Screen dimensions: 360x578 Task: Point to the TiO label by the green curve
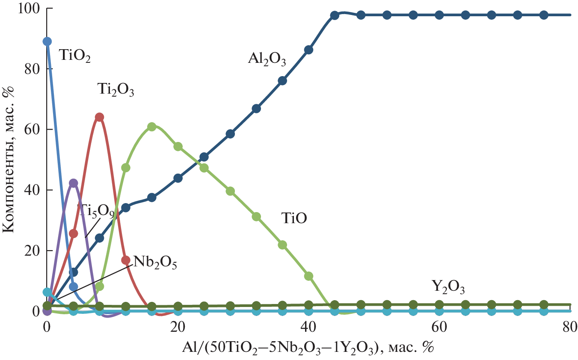point(295,218)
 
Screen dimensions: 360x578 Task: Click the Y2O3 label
point(448,287)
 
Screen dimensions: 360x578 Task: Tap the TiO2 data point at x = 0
point(47,41)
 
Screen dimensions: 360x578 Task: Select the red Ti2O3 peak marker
point(99,117)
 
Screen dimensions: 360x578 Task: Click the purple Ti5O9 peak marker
point(73,183)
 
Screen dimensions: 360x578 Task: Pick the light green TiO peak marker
point(152,127)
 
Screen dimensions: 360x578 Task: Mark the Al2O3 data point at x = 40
point(308,50)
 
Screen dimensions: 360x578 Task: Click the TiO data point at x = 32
point(256,217)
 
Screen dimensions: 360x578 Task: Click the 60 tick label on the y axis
point(32,130)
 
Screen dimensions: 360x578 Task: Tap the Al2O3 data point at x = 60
point(439,15)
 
